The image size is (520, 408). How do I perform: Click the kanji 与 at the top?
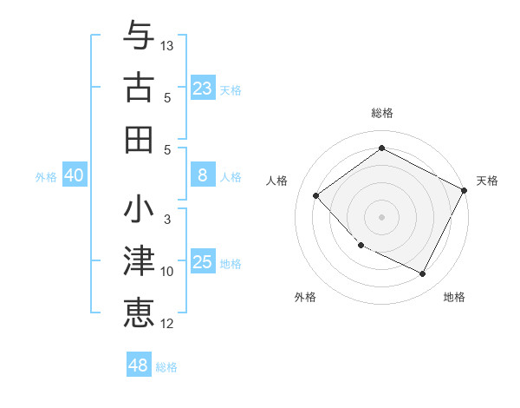pos(139,36)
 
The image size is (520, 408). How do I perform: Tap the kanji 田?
pos(139,138)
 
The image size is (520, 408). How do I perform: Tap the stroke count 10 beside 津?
pos(167,272)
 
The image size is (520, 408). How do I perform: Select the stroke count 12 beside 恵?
pos(167,324)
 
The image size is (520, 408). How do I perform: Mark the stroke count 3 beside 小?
pos(167,220)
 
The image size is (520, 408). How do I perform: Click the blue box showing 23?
pos(202,88)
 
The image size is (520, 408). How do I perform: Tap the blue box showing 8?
pos(202,175)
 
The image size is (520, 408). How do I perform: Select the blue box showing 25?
pos(202,262)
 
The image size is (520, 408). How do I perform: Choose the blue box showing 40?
pos(74,175)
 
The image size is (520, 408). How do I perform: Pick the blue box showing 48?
pos(138,365)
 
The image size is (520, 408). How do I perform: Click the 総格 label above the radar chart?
pos(382,113)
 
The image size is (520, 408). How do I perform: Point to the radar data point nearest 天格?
pos(465,191)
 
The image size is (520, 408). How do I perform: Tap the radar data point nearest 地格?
pos(423,274)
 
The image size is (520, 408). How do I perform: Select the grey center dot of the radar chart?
pos(381,216)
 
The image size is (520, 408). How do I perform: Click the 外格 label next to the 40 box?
pos(46,177)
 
